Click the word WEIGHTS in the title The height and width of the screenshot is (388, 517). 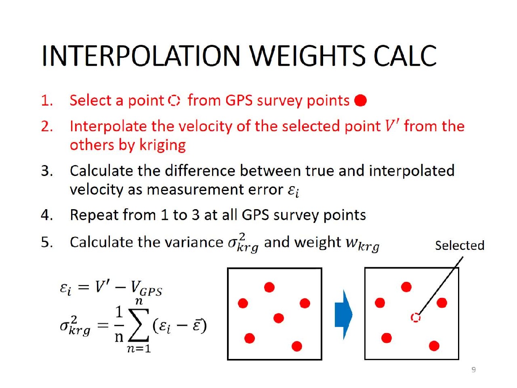pos(307,56)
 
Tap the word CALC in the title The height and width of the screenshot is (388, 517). pos(405,56)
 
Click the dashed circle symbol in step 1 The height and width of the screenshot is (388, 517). pos(174,101)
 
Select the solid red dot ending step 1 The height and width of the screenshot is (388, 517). pos(360,100)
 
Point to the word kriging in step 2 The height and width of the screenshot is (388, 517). pos(162,145)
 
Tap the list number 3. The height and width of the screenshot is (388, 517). pos(46,171)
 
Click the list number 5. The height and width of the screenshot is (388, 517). pos(46,242)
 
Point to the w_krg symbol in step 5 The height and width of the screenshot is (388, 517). pos(362,244)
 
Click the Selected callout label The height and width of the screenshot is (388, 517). pos(460,245)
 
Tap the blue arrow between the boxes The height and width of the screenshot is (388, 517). pos(344,315)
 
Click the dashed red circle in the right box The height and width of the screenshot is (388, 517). pos(416,318)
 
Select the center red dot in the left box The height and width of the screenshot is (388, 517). pos(279,318)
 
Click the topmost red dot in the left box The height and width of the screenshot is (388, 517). pos(269,287)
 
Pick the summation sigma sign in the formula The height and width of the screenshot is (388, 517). pos(139,325)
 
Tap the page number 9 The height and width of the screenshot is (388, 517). pos(474,370)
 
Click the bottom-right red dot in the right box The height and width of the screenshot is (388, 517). pos(434,346)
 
